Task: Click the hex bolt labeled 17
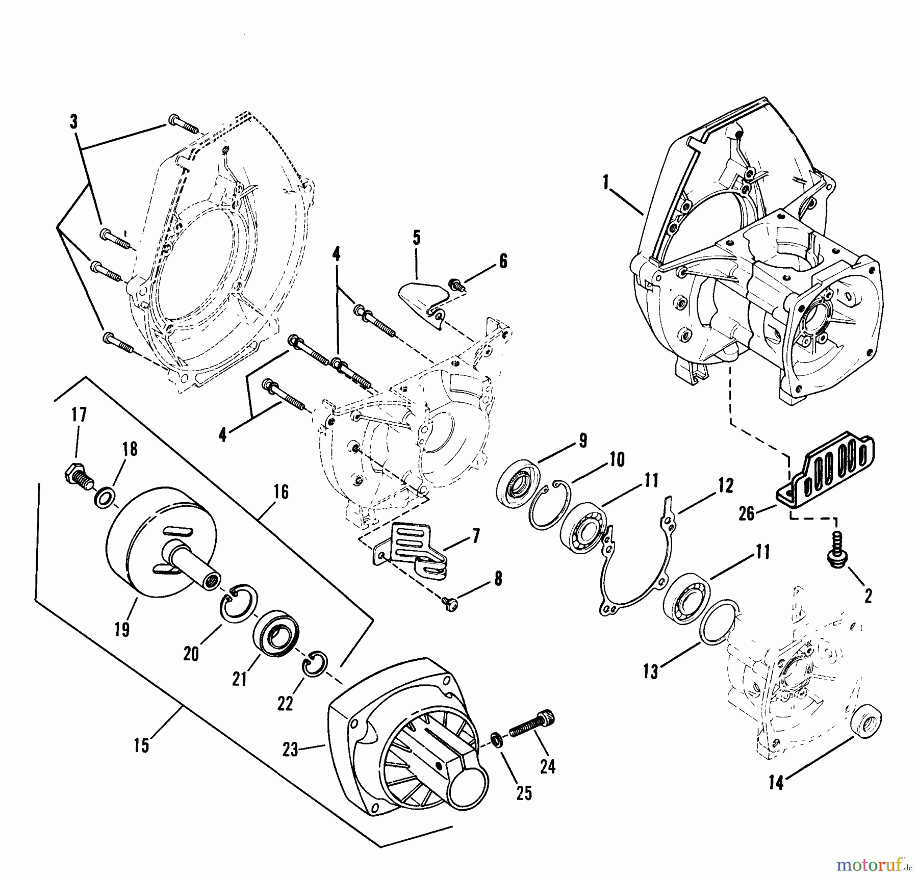tap(78, 477)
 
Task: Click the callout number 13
tap(650, 672)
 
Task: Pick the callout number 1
tap(606, 183)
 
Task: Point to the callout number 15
tap(141, 745)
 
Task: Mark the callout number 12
tap(725, 485)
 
